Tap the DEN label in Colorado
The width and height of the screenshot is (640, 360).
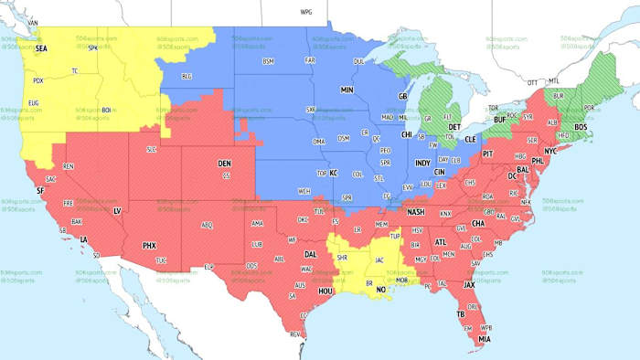point(224,164)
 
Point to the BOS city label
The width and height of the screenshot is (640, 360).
point(580,126)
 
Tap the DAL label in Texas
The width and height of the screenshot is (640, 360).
point(311,254)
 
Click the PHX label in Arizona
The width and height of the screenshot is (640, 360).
point(150,245)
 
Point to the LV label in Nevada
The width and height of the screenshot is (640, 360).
point(116,210)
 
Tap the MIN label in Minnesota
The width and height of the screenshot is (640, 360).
point(347,90)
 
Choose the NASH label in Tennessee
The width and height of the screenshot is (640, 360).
point(416,212)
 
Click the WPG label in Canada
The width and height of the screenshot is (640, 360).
point(305,13)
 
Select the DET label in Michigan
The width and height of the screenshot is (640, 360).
point(454,126)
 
